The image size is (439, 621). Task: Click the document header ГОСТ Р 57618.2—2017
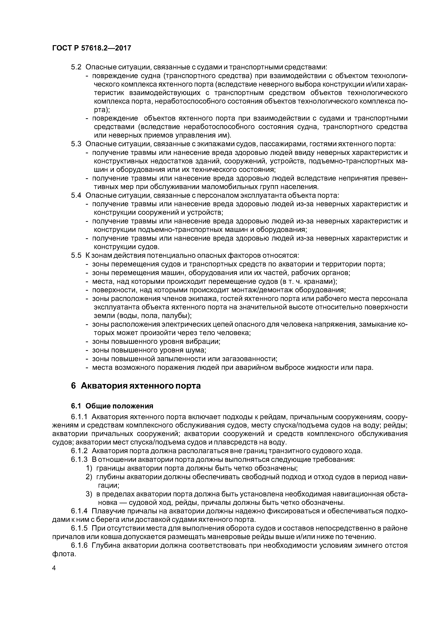point(91,48)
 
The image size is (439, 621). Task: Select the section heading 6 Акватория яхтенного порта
point(136,386)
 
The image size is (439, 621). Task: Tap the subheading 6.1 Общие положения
point(112,406)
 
